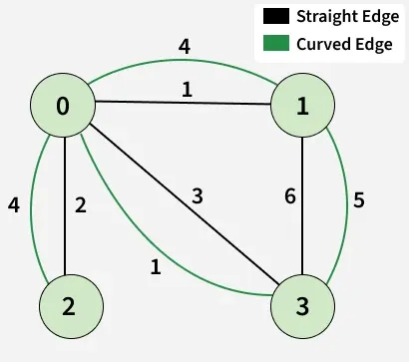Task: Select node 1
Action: tap(302, 108)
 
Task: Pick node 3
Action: tap(302, 306)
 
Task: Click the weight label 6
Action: tap(289, 197)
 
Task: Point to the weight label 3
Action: tap(199, 196)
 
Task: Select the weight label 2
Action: tap(81, 205)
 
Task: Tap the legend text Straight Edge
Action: tap(343, 17)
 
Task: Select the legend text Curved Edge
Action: tap(340, 43)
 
